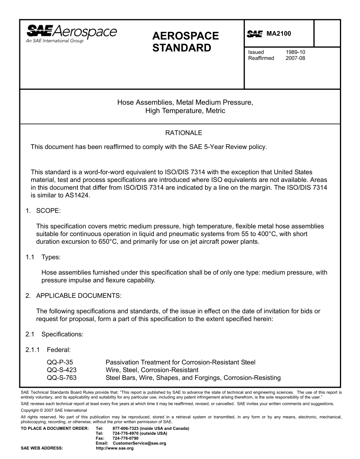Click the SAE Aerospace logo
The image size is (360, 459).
click(x=71, y=34)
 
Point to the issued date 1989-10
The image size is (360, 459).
click(x=295, y=52)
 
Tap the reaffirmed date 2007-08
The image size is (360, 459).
click(x=295, y=58)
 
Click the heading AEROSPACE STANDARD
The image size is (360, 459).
click(x=185, y=42)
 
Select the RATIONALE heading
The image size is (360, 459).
click(x=184, y=133)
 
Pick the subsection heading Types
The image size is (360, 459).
click(x=51, y=257)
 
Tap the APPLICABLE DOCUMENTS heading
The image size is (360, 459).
click(x=78, y=296)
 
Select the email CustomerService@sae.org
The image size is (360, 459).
click(x=139, y=443)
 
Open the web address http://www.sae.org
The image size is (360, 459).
click(x=115, y=448)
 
